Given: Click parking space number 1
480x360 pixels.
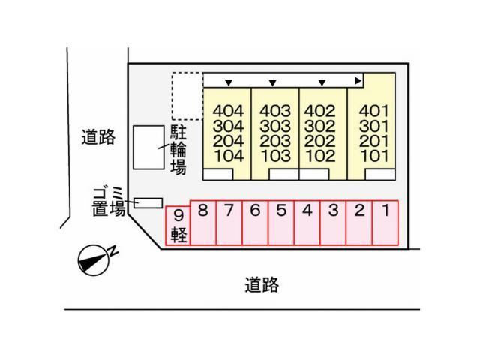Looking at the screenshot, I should (384, 222).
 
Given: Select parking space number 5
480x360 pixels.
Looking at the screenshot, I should (281, 222).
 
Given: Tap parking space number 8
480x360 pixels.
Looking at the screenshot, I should (203, 222).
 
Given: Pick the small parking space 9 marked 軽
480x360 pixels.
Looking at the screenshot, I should (178, 226).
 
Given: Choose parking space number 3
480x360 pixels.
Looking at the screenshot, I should (333, 222).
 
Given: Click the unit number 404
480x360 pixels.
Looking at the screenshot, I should (227, 110).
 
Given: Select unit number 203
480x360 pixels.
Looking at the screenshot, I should (275, 141).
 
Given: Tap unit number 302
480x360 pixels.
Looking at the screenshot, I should (322, 125).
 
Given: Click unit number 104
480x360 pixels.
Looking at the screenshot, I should (227, 156).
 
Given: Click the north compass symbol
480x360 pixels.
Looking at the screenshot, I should (94, 259).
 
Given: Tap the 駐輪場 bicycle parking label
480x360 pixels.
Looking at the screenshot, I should (178, 150).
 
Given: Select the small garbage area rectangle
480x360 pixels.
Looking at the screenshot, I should (148, 202).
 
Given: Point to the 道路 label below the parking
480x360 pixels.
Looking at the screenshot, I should (262, 284).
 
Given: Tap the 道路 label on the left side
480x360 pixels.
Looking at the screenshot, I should (98, 137).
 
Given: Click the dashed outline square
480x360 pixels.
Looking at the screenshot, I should (187, 96).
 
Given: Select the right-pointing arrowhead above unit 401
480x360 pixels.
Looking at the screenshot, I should (358, 80).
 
